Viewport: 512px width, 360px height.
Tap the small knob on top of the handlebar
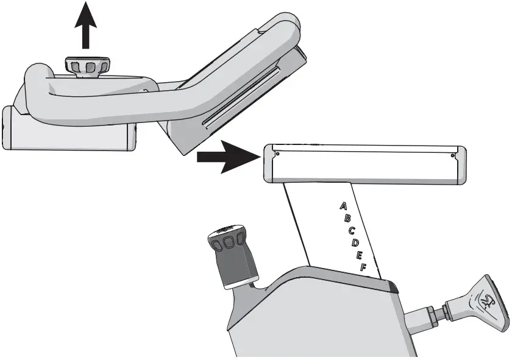pos(88,65)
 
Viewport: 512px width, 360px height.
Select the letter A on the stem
pos(343,206)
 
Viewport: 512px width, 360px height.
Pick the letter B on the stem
pos(347,219)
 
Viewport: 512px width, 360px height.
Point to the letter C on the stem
pos(352,231)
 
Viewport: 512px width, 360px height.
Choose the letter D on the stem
pos(356,243)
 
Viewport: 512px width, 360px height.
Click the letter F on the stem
pos(363,267)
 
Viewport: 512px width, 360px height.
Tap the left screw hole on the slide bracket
pos(277,154)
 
